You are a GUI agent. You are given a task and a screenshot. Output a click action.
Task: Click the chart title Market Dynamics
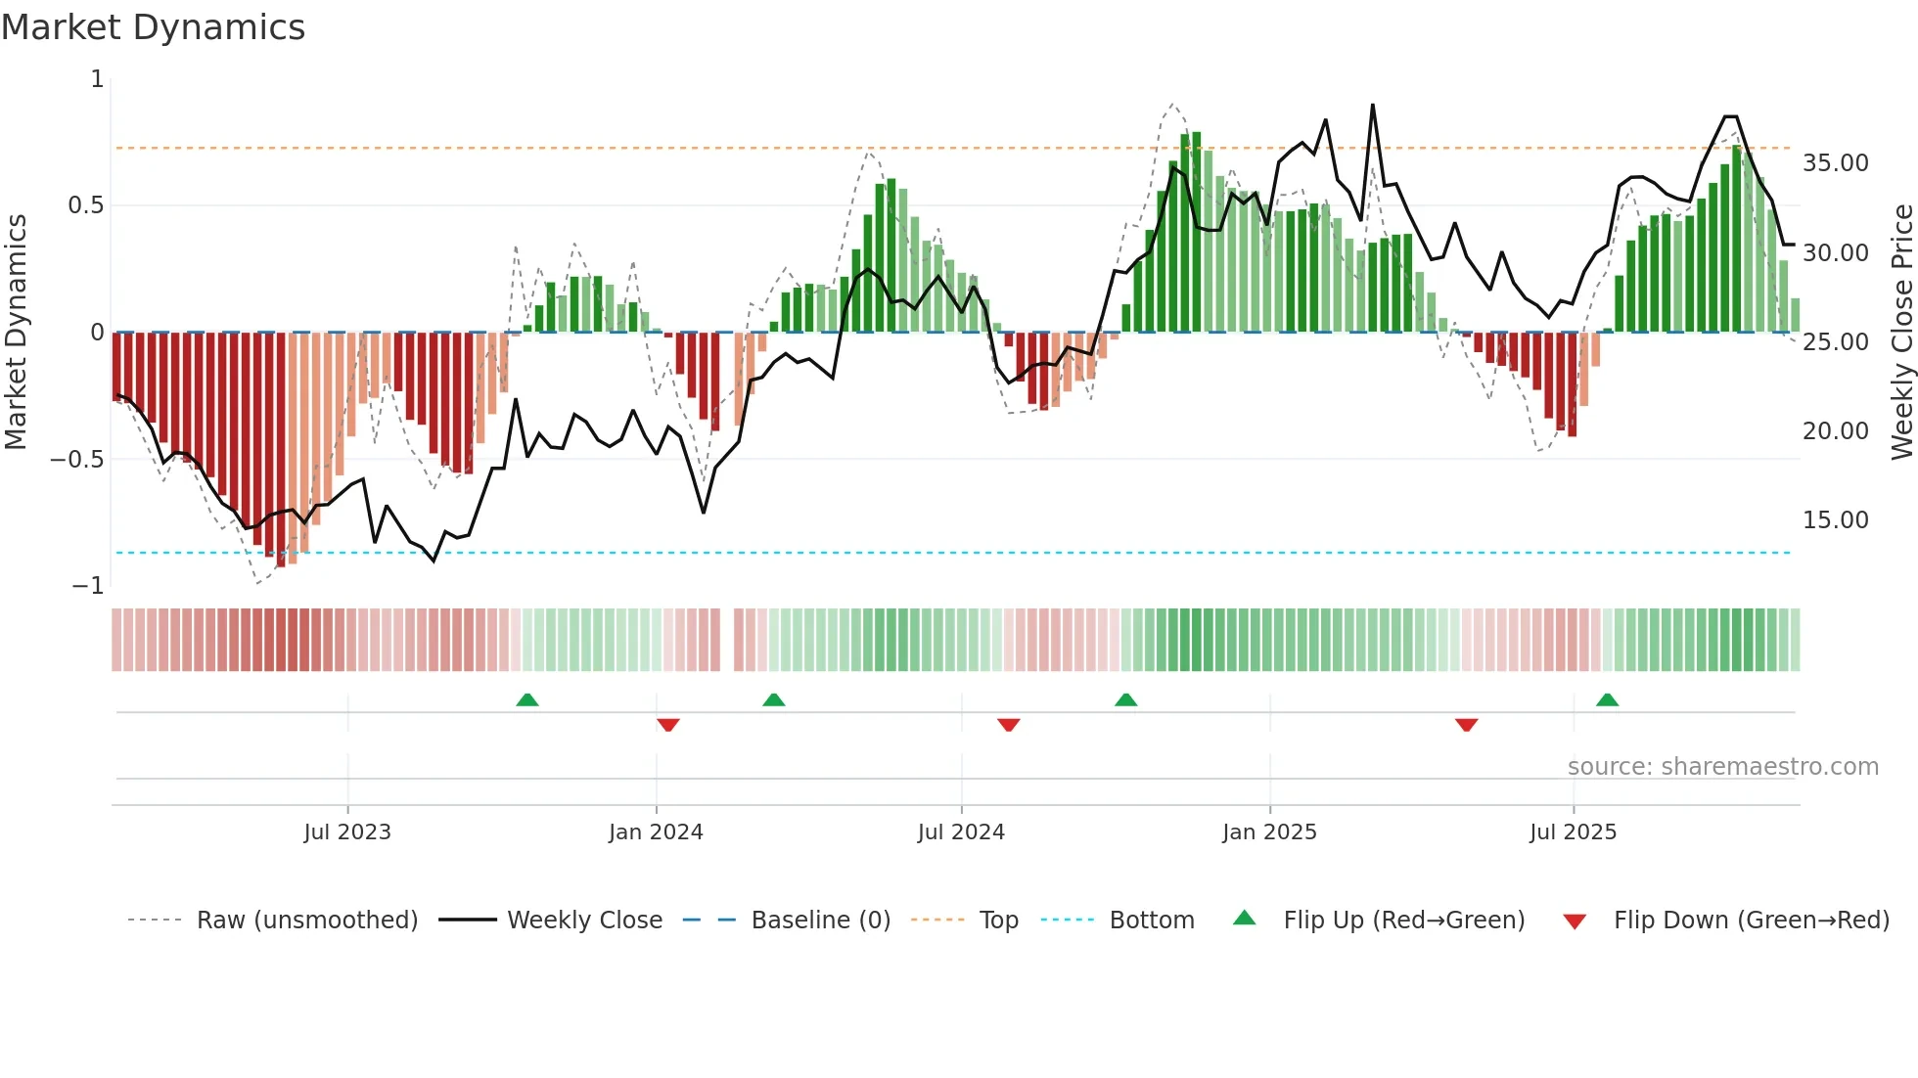pos(153,27)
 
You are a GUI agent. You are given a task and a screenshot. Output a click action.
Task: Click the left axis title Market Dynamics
pos(16,333)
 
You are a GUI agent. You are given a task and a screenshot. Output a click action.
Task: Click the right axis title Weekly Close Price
pos(1901,333)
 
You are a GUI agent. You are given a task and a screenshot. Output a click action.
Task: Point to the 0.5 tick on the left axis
pos(85,205)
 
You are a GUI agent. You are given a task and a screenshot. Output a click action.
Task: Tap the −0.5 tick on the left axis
pos(77,460)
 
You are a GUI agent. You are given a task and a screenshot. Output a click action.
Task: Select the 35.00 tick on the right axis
pos(1835,163)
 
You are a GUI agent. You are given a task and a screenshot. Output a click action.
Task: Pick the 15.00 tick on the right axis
pos(1835,520)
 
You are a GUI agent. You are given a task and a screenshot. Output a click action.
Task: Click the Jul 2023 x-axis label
pos(346,832)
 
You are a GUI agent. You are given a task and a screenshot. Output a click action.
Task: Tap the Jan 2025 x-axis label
pos(1269,832)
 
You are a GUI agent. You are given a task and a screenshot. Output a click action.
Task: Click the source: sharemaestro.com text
pos(1722,767)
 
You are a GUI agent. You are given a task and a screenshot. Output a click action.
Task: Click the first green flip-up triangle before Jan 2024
pos(527,699)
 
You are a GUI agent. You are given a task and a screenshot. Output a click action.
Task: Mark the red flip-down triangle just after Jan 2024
pos(668,725)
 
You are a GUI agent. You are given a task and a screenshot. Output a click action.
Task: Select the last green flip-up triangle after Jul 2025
pos(1607,699)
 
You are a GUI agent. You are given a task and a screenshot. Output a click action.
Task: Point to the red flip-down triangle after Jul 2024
pos(1009,725)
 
